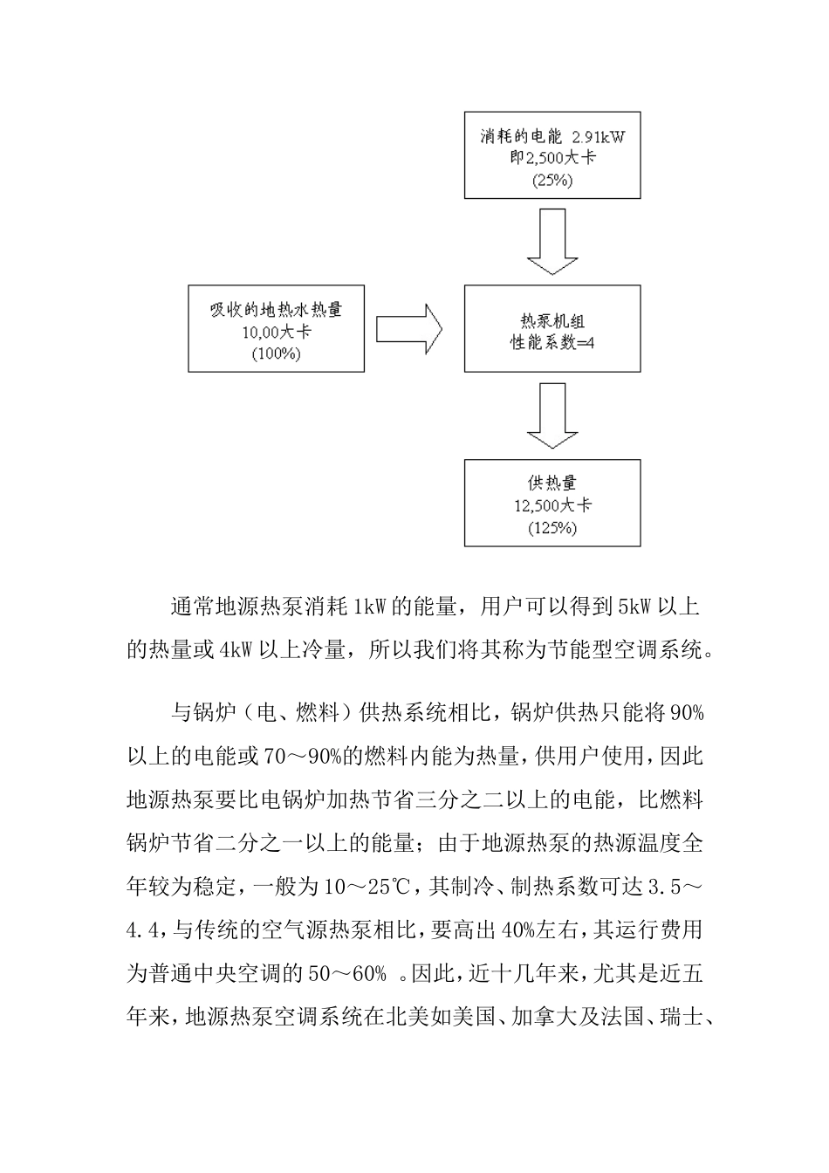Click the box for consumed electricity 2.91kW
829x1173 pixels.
pos(552,154)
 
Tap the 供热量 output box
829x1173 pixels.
pos(552,504)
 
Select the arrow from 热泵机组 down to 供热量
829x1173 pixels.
pos(552,417)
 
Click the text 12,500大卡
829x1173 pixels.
pos(552,505)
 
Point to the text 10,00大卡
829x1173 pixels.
pos(276,333)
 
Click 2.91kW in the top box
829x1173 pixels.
pos(599,137)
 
